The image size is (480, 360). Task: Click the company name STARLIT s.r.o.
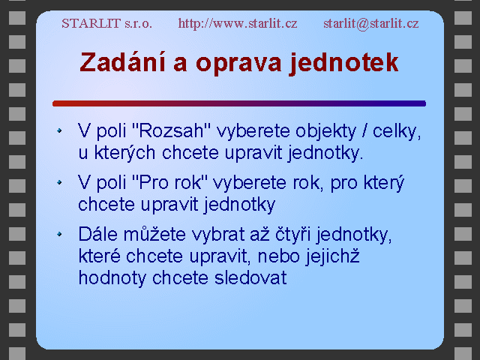[x=106, y=23]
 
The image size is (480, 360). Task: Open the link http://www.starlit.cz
[x=238, y=23]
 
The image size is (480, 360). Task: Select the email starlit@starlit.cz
[x=371, y=23]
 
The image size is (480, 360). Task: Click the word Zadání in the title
[x=123, y=62]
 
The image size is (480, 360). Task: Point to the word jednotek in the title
[x=343, y=63]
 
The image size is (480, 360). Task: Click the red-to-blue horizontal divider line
[x=239, y=103]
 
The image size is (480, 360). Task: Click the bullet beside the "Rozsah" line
[x=59, y=130]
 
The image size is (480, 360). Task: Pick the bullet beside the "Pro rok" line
[x=59, y=182]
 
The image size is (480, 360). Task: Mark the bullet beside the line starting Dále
[x=59, y=234]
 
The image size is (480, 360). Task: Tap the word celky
[x=397, y=132]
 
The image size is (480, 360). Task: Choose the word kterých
[x=124, y=153]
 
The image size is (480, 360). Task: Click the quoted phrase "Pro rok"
[x=170, y=182]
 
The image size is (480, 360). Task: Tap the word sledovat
[x=250, y=278]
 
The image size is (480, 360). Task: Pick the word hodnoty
[x=112, y=279]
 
